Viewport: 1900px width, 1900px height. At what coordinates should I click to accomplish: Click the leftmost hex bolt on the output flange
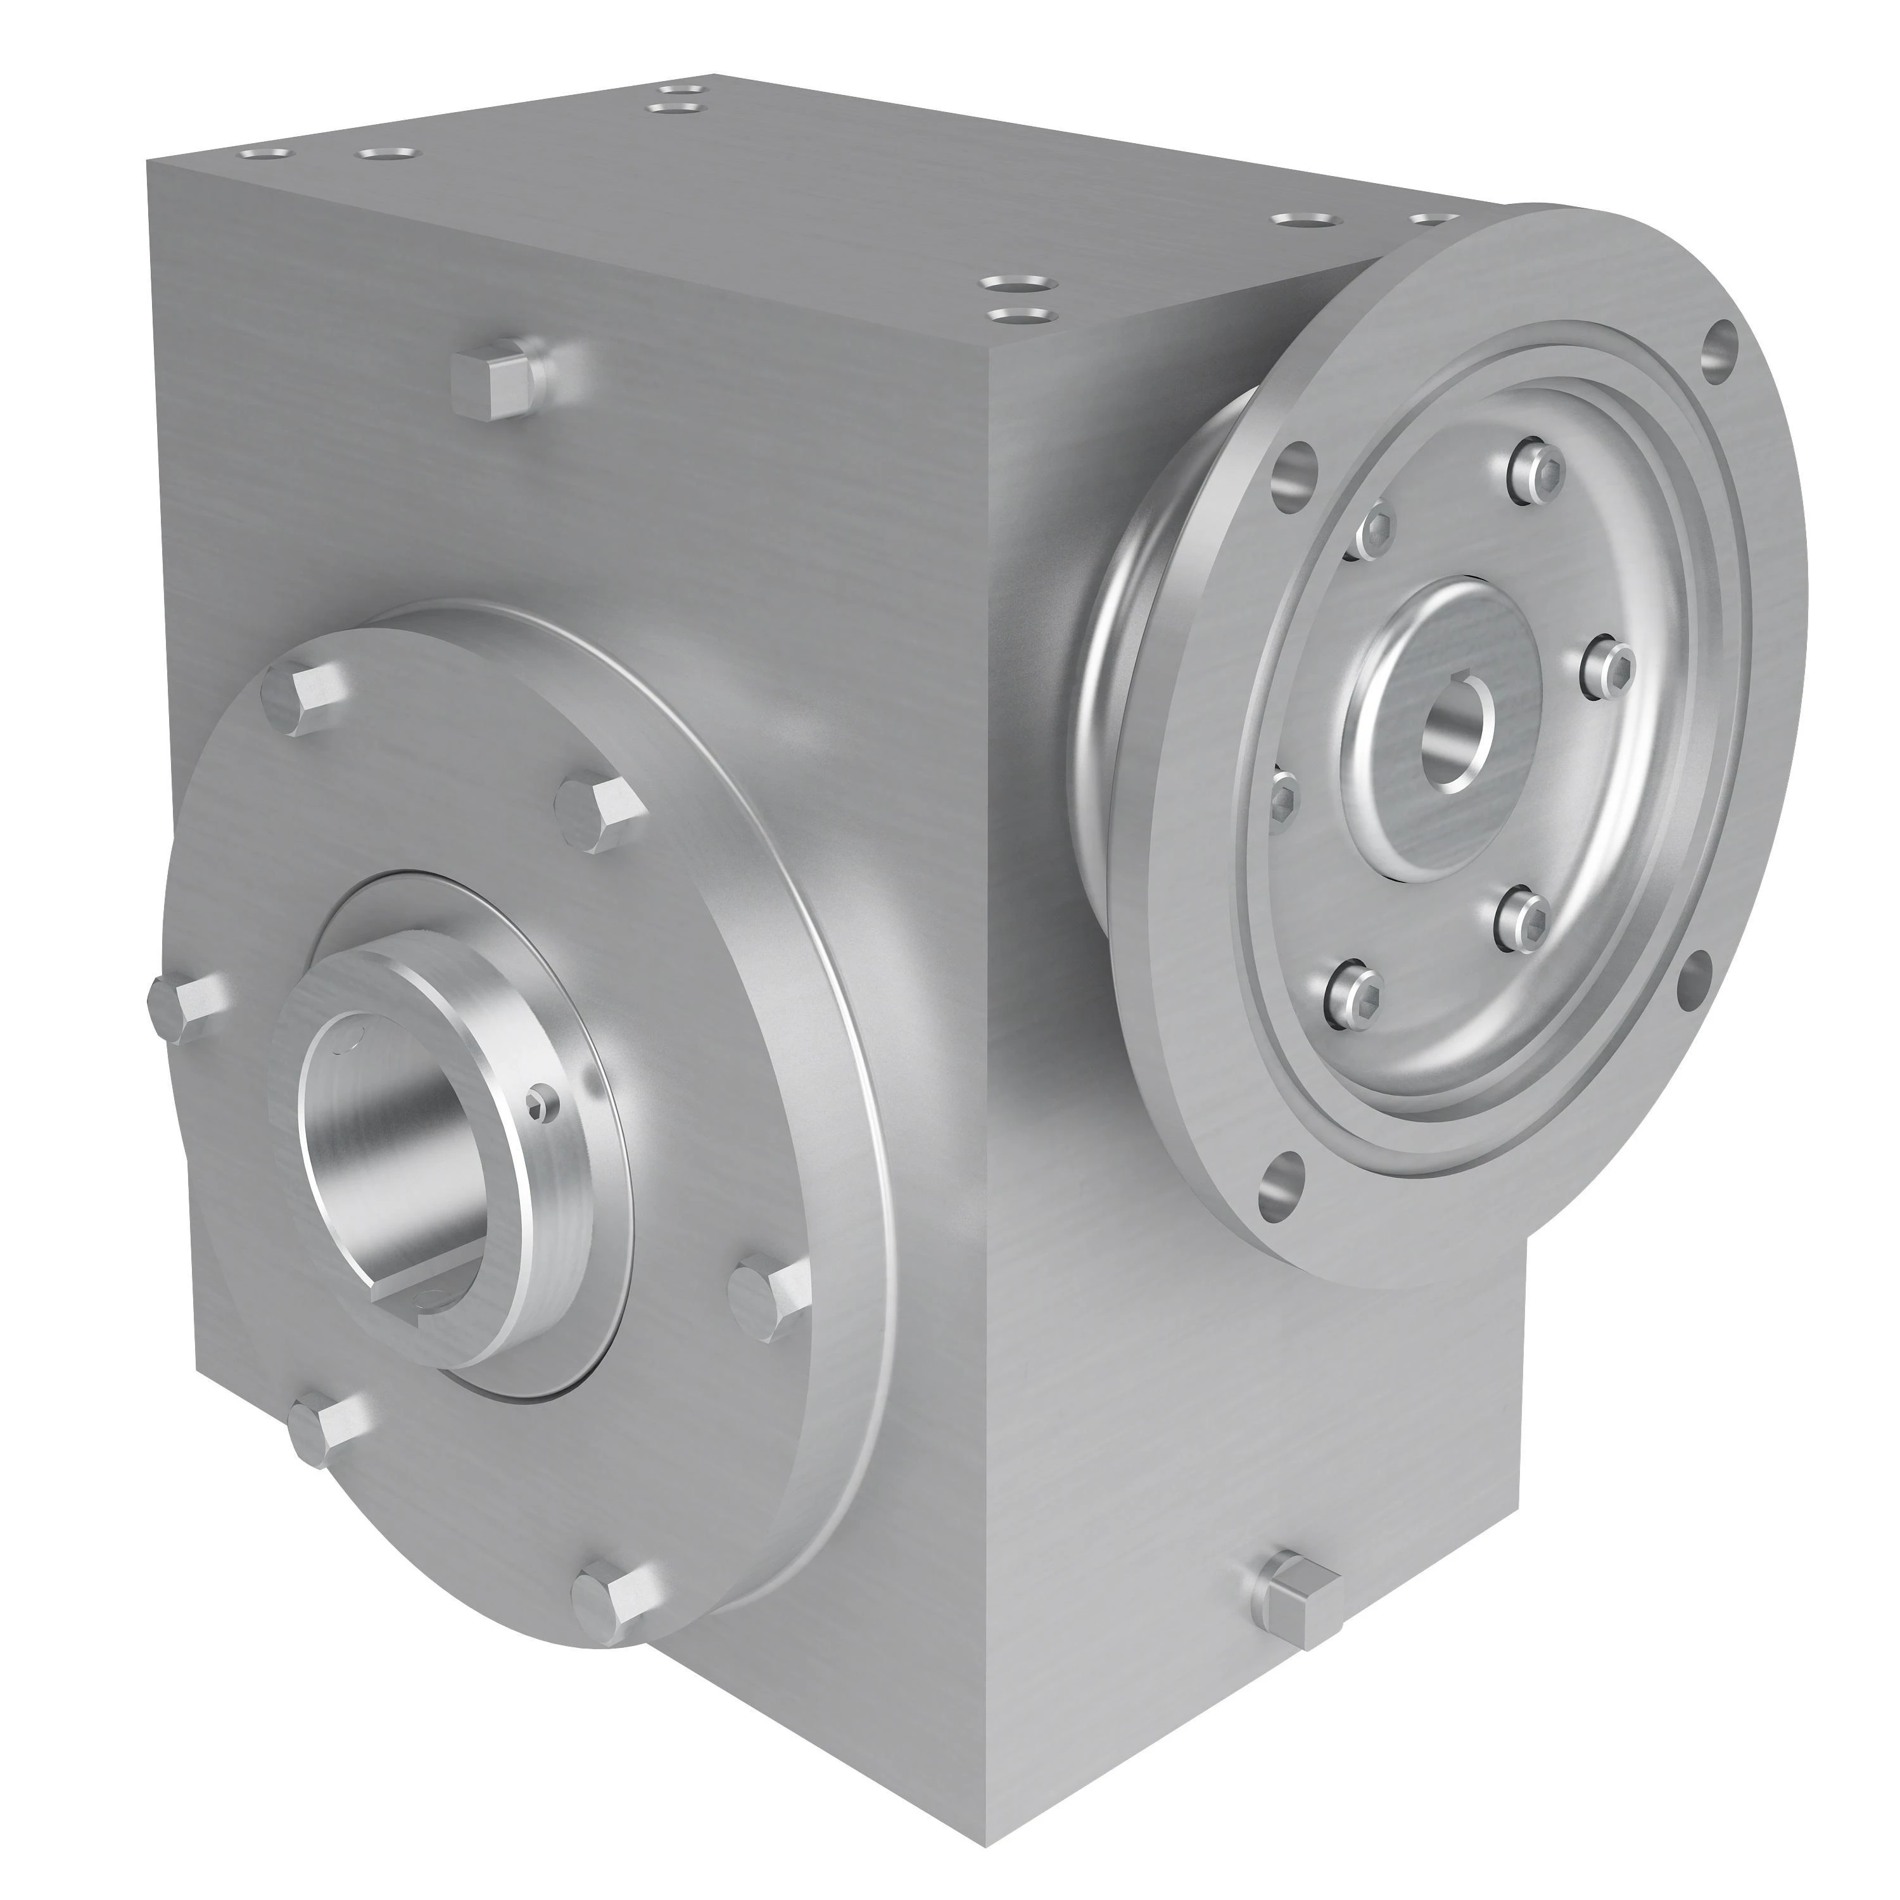182,1007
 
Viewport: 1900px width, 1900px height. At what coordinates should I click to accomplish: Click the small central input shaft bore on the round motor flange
1455,742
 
